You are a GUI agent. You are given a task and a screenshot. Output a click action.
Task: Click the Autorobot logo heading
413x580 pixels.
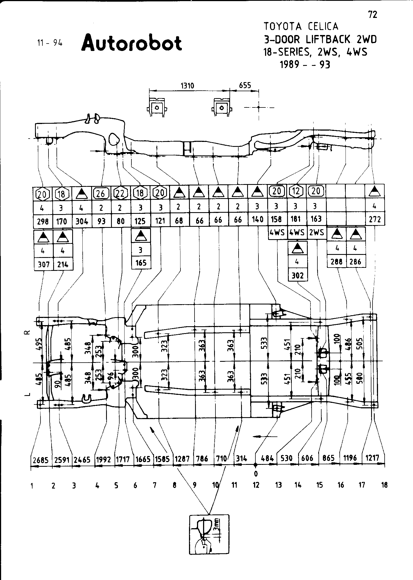(132, 43)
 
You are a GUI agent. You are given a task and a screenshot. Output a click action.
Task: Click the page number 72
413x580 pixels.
(372, 15)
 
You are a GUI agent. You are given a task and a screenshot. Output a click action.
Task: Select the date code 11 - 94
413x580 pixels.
(50, 43)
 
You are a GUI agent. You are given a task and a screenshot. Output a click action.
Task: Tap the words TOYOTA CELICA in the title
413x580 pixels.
(301, 26)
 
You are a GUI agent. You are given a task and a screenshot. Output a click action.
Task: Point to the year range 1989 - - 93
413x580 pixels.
(305, 64)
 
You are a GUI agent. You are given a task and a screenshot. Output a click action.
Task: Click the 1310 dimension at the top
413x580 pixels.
(187, 86)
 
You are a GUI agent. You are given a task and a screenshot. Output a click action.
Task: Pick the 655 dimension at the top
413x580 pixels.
(245, 85)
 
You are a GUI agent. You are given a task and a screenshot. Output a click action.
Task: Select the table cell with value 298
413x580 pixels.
(42, 221)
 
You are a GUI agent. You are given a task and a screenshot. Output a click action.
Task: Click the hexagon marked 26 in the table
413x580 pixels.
(101, 194)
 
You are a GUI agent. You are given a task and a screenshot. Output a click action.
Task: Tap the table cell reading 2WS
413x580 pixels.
(316, 233)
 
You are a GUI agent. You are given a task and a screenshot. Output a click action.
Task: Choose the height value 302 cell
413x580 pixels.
(298, 275)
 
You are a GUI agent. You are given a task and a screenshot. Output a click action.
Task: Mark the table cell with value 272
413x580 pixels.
(375, 219)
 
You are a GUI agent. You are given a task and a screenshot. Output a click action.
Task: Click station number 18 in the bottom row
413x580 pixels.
(384, 485)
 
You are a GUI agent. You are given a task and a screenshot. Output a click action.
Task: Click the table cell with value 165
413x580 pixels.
(141, 263)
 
